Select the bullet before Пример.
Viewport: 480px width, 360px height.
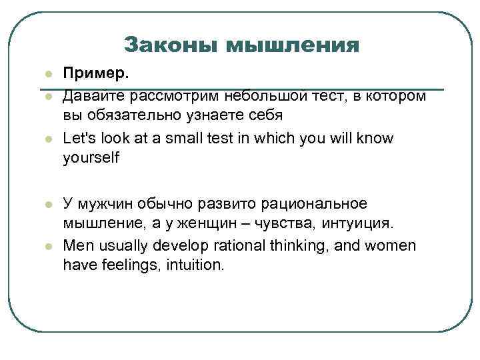point(47,75)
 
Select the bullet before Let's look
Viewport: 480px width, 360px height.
point(47,139)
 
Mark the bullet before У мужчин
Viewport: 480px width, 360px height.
point(47,202)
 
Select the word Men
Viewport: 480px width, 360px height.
point(77,245)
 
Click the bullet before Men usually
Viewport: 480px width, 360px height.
point(47,245)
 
